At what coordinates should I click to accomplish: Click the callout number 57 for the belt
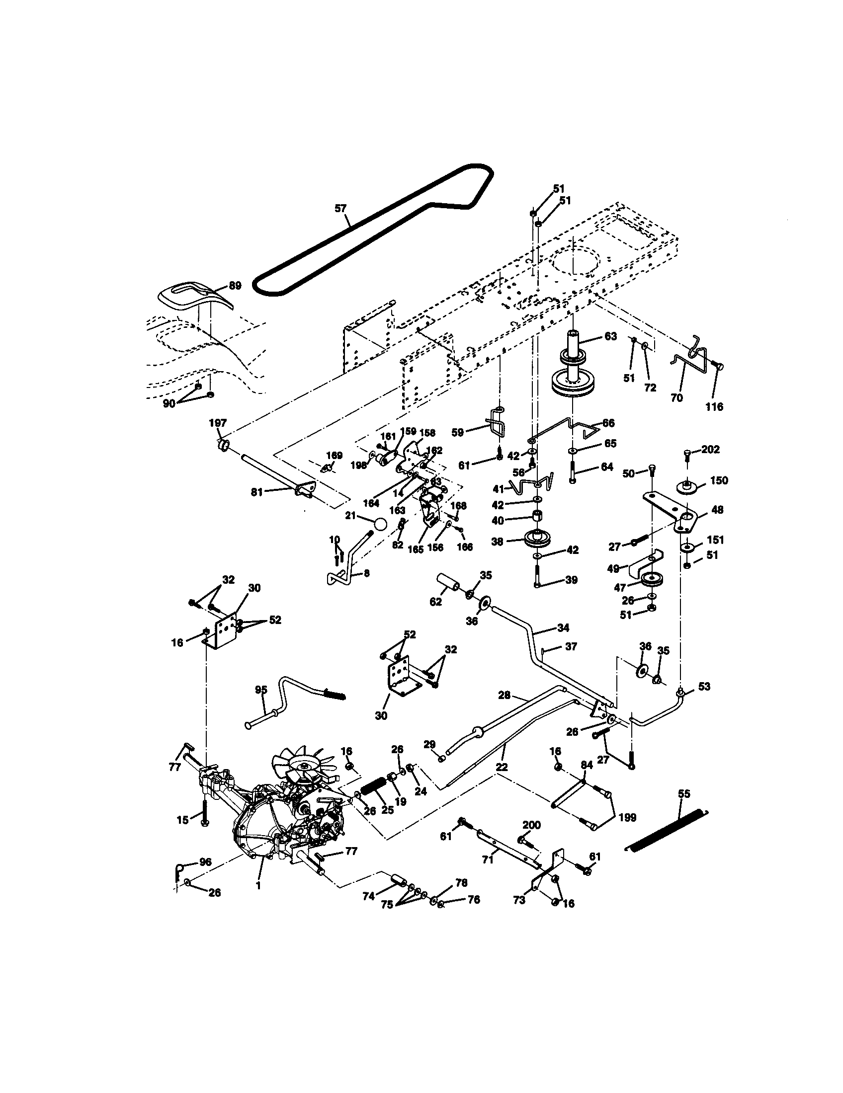(340, 208)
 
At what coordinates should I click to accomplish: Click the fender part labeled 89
(193, 297)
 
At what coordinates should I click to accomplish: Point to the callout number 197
(218, 423)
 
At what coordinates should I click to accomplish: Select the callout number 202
(710, 450)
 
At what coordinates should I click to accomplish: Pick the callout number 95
(261, 689)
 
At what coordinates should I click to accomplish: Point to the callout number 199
(627, 817)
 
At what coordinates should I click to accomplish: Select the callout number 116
(714, 406)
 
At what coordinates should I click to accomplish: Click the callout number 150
(719, 480)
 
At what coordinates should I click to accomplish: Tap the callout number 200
(532, 825)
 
